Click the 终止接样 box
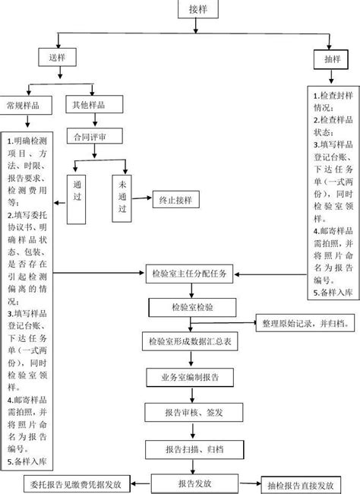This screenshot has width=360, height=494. click(x=175, y=201)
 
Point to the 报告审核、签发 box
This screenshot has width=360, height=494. click(x=194, y=412)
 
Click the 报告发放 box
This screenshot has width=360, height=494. click(x=194, y=483)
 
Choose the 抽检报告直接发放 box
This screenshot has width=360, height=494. click(x=300, y=484)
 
